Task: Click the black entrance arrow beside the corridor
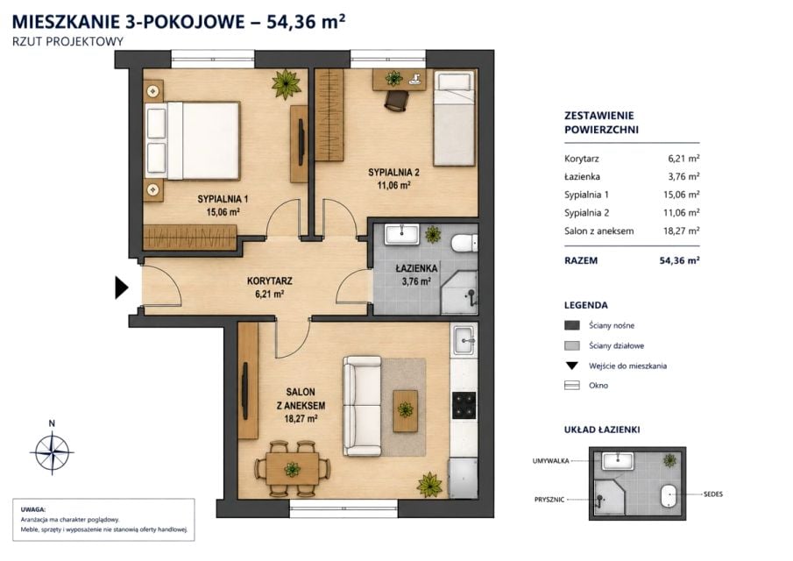[x=121, y=288]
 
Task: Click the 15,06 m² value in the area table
[x=681, y=195]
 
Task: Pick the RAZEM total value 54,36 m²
[x=680, y=260]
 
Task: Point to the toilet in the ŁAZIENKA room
[x=464, y=242]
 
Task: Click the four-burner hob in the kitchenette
[x=464, y=405]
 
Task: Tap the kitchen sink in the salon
[x=464, y=339]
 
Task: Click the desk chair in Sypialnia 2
[x=395, y=100]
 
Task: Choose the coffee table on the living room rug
[x=406, y=410]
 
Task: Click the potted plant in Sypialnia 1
[x=287, y=83]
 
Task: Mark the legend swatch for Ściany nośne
[x=572, y=325]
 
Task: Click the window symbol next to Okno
[x=572, y=386]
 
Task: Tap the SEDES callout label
[x=713, y=494]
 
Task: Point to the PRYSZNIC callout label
[x=549, y=500]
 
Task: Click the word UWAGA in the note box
[x=33, y=510]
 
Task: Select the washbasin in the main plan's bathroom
[x=402, y=235]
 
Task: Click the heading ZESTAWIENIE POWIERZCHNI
[x=601, y=123]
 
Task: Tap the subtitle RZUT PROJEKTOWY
[x=67, y=41]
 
